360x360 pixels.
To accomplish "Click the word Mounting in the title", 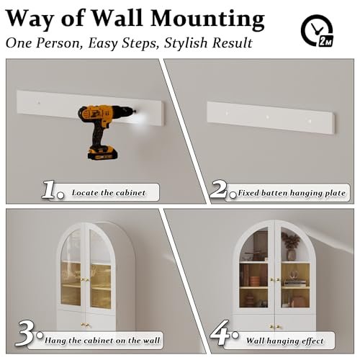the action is (x=207, y=19).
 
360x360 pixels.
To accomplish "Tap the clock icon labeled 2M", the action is (x=317, y=30).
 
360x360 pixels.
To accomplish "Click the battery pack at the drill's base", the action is (x=103, y=153).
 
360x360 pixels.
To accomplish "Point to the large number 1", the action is (x=50, y=189).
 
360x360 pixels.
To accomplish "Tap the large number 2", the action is (x=218, y=189).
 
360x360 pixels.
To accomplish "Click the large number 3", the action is (x=25, y=333).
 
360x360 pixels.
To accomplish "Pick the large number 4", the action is (x=220, y=333).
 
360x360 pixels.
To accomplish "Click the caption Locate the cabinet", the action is (x=109, y=193).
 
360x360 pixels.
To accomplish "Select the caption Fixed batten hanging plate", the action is (x=292, y=193).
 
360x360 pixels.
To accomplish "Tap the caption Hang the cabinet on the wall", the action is (x=102, y=341).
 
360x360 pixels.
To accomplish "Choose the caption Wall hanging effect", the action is (x=285, y=341).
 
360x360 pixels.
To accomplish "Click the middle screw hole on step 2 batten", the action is (x=267, y=117).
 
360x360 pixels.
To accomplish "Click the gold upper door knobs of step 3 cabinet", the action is (x=85, y=279).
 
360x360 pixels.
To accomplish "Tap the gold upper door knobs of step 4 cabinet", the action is (x=275, y=279).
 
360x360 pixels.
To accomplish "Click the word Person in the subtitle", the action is (x=58, y=43).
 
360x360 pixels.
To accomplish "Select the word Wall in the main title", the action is (x=117, y=19).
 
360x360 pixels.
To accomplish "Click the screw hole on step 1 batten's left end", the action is (x=39, y=103).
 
